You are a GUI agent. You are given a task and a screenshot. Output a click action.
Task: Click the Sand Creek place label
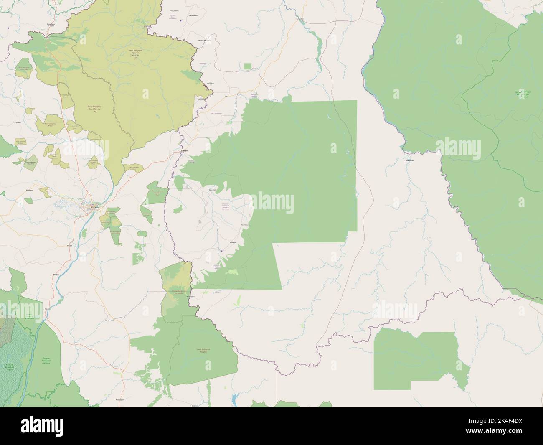pos(213,190)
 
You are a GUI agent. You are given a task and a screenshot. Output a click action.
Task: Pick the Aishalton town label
pos(222,242)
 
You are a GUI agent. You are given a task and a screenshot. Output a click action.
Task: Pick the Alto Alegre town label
pos(30,190)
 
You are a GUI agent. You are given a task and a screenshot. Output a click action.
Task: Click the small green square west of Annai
pos(248,66)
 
